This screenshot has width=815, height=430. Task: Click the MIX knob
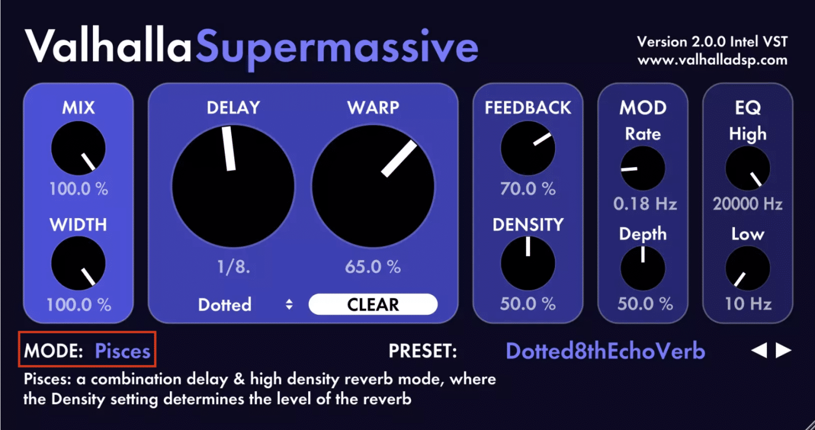79,148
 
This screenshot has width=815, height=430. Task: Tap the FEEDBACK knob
527,148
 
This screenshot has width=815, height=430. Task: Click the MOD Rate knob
643,168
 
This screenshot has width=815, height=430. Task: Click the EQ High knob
748,168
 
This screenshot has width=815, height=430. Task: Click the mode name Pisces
123,351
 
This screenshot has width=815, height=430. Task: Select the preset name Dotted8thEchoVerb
605,351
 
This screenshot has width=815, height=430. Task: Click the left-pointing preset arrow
759,350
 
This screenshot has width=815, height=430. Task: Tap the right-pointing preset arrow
784,350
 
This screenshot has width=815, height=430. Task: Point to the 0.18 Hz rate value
645,204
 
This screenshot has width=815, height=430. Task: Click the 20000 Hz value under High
748,204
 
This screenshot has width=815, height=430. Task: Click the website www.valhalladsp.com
712,60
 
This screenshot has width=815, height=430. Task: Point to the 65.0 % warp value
372,266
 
